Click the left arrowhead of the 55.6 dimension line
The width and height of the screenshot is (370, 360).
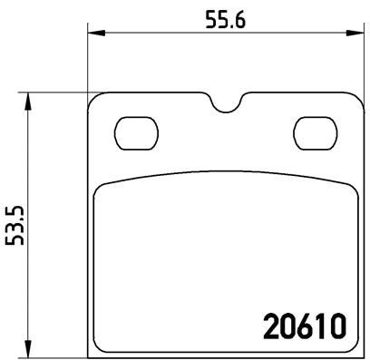[94, 34]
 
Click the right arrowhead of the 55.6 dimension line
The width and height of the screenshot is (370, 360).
[355, 34]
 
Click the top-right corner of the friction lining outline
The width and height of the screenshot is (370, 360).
[350, 186]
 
